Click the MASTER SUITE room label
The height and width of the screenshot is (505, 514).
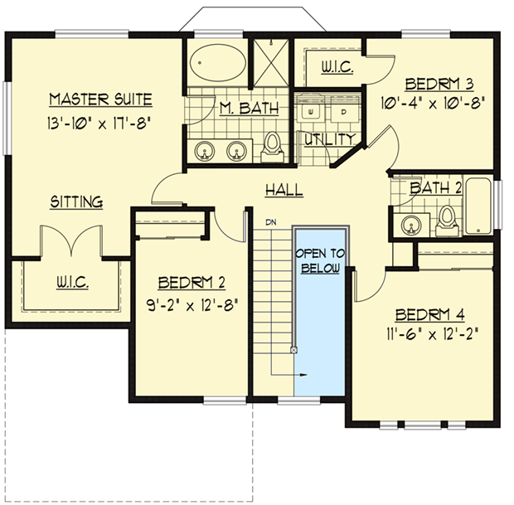click(x=100, y=101)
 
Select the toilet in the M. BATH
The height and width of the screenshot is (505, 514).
click(x=271, y=147)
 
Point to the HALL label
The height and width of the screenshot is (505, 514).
click(x=284, y=191)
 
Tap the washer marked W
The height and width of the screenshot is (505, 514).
click(x=313, y=109)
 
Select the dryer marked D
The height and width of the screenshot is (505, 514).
click(x=343, y=109)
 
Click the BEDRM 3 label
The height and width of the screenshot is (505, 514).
click(x=439, y=84)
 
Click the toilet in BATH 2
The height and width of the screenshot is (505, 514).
click(x=447, y=218)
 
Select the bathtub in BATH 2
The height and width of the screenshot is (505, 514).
click(x=478, y=206)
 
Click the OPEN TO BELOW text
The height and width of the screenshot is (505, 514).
click(x=320, y=260)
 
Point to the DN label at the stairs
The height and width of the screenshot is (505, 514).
click(x=271, y=222)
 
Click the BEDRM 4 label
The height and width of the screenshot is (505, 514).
click(x=429, y=314)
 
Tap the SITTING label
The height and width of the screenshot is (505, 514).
click(x=76, y=202)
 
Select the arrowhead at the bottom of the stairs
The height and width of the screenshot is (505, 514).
click(x=304, y=375)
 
